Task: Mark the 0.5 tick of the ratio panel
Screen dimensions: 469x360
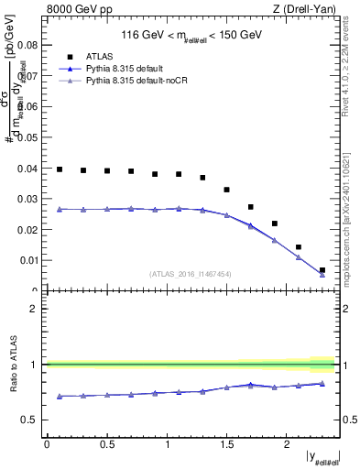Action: (32, 420)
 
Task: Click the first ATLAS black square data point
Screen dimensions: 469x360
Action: (60, 169)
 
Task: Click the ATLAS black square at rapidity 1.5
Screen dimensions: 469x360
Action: (226, 190)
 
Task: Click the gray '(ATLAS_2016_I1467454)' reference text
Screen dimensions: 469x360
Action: (191, 274)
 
